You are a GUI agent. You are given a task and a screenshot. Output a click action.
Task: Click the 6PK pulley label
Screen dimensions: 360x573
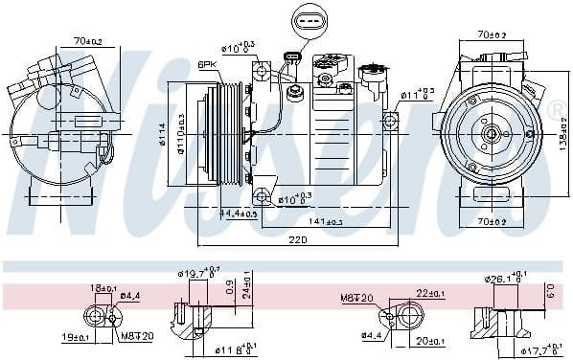[207, 64]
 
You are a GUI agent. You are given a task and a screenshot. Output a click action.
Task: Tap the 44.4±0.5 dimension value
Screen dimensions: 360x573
[239, 213]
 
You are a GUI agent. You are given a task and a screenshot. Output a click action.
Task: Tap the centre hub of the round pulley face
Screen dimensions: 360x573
[490, 135]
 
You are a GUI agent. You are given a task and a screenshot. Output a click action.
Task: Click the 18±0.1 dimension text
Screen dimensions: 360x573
[103, 287]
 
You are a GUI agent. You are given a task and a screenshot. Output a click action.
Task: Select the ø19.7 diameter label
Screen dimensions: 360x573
[198, 273]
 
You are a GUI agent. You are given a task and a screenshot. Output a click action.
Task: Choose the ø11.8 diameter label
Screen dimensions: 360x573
[233, 349]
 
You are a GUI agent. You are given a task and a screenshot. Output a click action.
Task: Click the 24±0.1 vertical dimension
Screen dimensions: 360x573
[247, 290]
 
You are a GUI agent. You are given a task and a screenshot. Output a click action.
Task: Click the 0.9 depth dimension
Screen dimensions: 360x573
[229, 285]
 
